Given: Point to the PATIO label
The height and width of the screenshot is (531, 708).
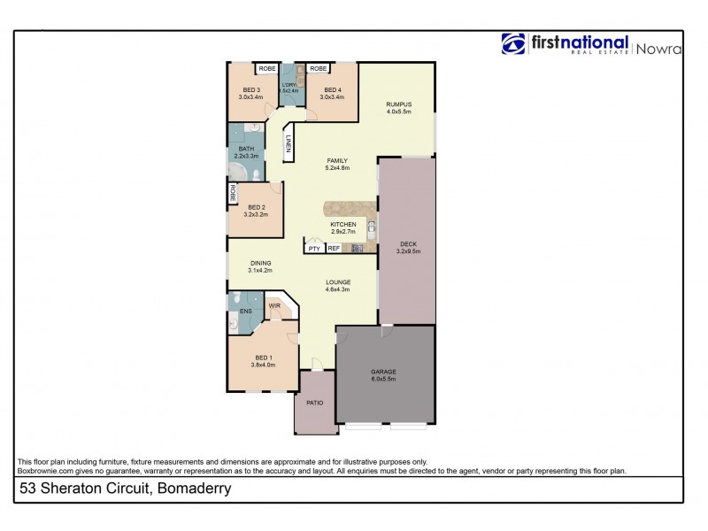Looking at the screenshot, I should (x=315, y=403).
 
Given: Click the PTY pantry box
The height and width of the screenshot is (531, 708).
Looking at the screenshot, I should (x=314, y=249).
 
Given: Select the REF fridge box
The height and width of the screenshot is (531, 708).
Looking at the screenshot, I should (x=334, y=249).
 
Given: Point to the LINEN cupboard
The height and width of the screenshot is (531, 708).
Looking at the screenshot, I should (x=288, y=144).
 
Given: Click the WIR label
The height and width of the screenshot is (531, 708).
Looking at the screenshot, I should (x=274, y=306).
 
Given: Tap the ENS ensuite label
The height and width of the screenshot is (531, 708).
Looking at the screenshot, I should (x=245, y=311).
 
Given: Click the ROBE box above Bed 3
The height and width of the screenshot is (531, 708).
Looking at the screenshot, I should (x=265, y=68).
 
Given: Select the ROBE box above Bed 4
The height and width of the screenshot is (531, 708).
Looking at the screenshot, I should (x=319, y=68).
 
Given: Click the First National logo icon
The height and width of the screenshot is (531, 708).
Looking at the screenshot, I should (x=513, y=44).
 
